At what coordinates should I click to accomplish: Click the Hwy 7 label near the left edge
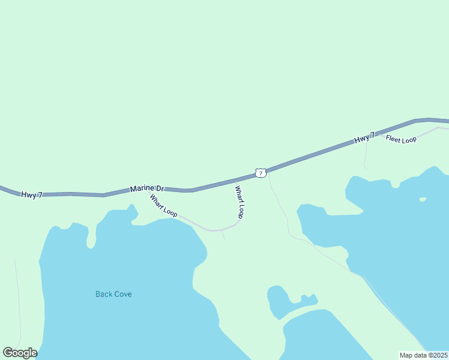[x=31, y=195]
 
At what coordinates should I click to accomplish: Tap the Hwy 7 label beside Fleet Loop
[x=364, y=138]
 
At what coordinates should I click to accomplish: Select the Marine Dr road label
[x=146, y=188]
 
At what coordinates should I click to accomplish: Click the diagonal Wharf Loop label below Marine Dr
[x=163, y=205]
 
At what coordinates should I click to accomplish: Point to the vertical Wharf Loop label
[x=240, y=202]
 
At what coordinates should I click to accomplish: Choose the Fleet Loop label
[x=401, y=139]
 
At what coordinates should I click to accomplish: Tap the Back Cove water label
[x=113, y=294]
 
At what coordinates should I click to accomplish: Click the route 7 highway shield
[x=260, y=173]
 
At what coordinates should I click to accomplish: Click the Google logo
[x=20, y=352]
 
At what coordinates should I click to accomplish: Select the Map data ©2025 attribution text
[x=423, y=355]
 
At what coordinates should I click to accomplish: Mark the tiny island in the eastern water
[x=423, y=199]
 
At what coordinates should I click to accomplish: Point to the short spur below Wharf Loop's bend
[x=223, y=235]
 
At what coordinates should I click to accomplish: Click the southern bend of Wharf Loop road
[x=213, y=230]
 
